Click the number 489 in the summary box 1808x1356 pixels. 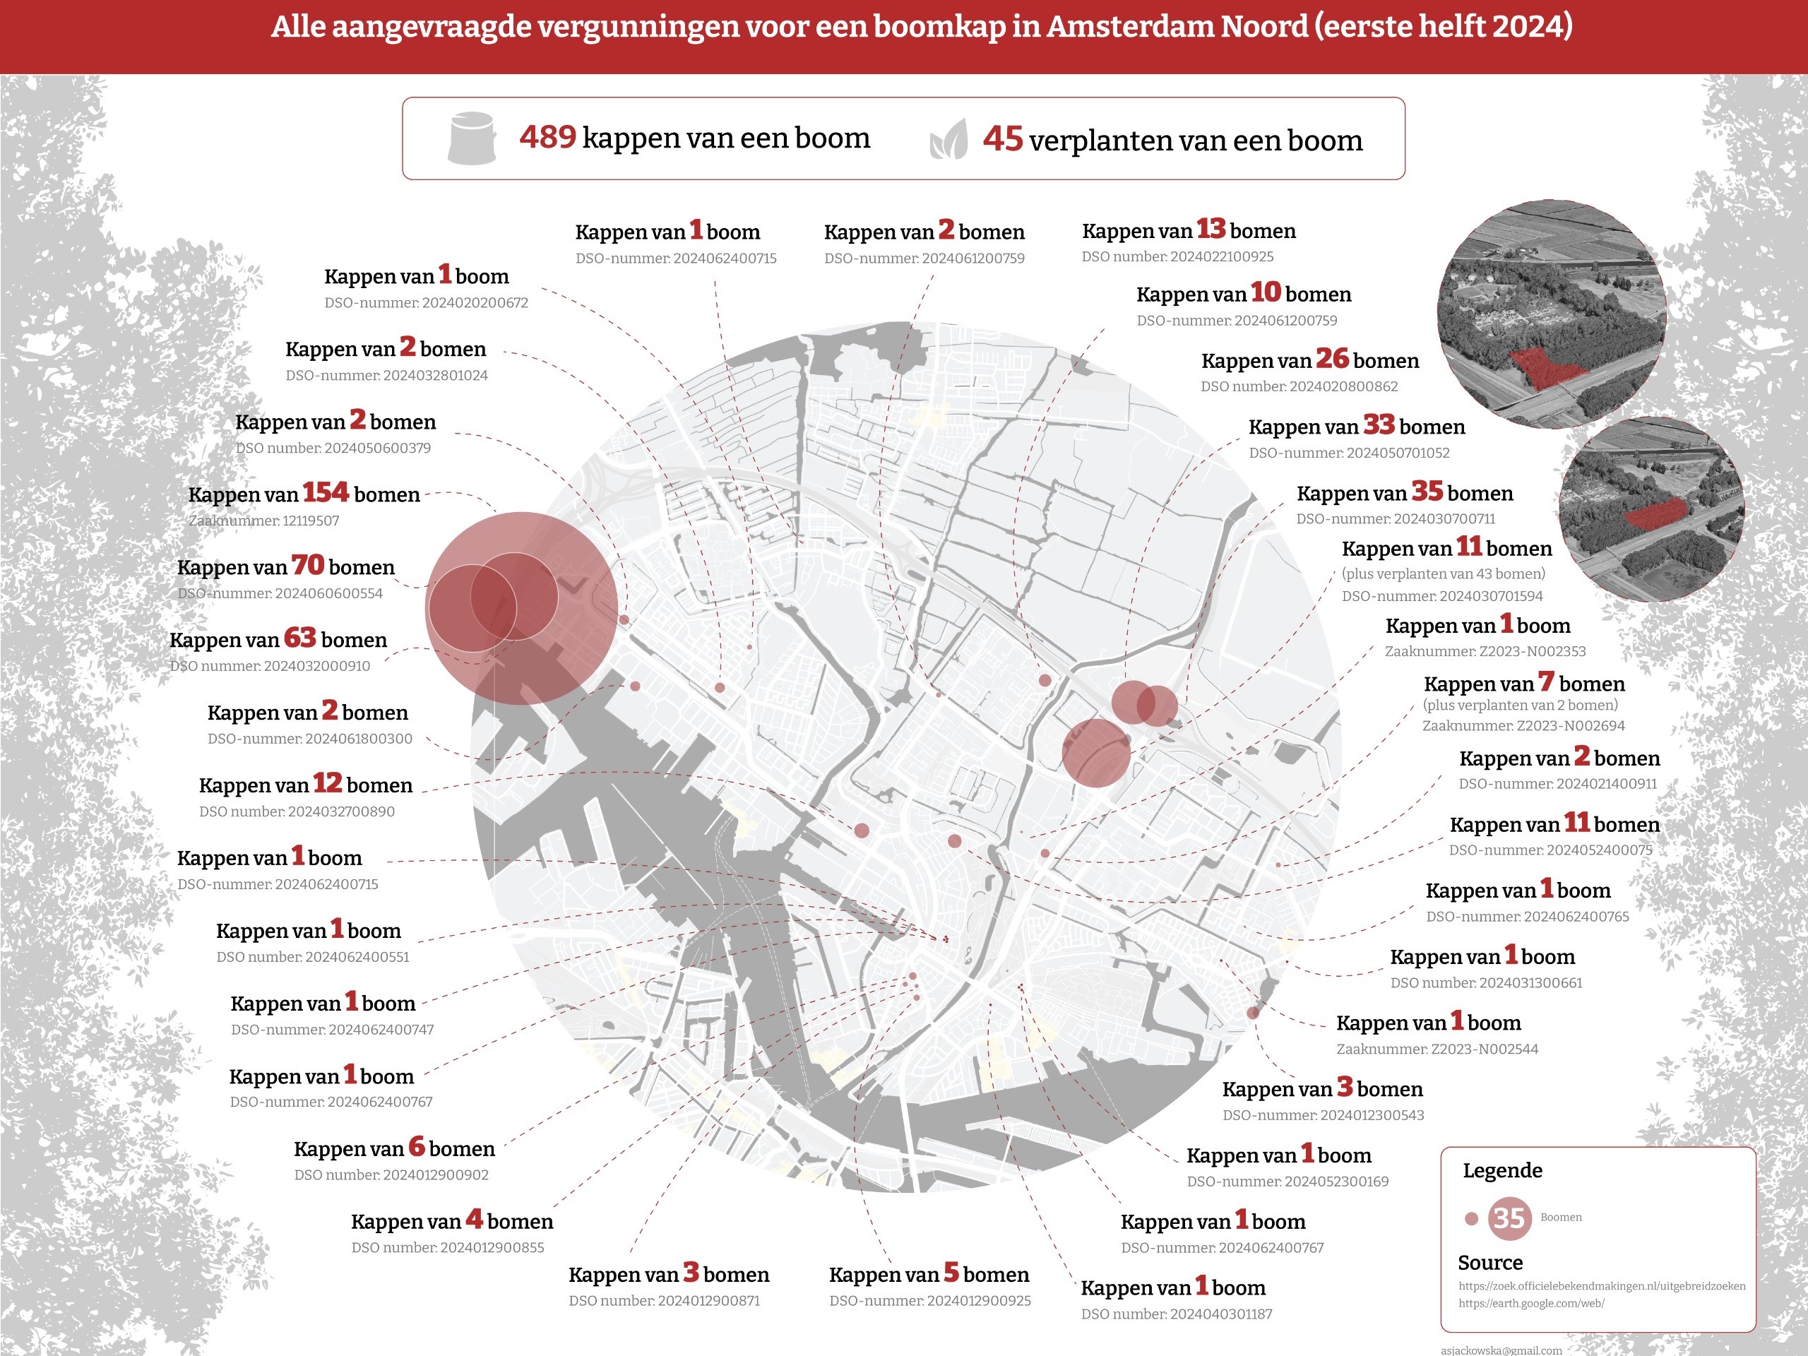tap(547, 136)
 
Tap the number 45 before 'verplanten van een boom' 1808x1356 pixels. tap(1002, 139)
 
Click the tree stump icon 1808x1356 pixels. tap(472, 138)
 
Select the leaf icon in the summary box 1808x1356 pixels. tap(949, 140)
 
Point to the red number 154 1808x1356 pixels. tap(326, 492)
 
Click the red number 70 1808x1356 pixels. tap(307, 565)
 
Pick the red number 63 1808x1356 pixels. tap(299, 638)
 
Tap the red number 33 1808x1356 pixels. tap(1378, 424)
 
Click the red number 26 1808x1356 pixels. tap(1331, 358)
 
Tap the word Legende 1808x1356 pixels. tap(1502, 1170)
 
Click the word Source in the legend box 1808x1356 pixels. tap(1490, 1263)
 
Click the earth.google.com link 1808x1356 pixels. tap(1531, 1304)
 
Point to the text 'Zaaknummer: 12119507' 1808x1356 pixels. tap(263, 521)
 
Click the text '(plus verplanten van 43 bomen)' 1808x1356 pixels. tap(1443, 573)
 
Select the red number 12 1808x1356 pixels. tap(327, 783)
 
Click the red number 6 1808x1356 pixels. tap(417, 1147)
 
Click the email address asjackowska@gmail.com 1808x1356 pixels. tap(1501, 1350)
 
